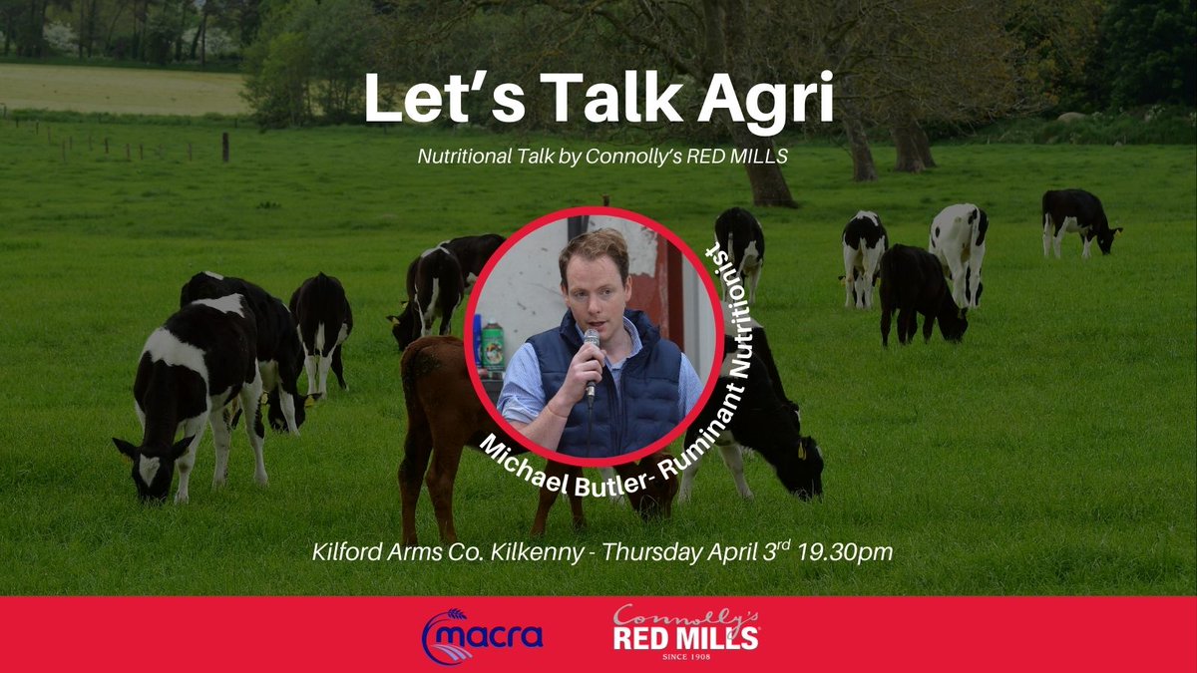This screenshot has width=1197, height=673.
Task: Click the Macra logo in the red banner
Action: (x=483, y=634)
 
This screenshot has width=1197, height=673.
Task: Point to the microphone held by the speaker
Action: (x=592, y=362)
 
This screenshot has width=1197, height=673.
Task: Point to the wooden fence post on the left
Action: (x=225, y=147)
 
